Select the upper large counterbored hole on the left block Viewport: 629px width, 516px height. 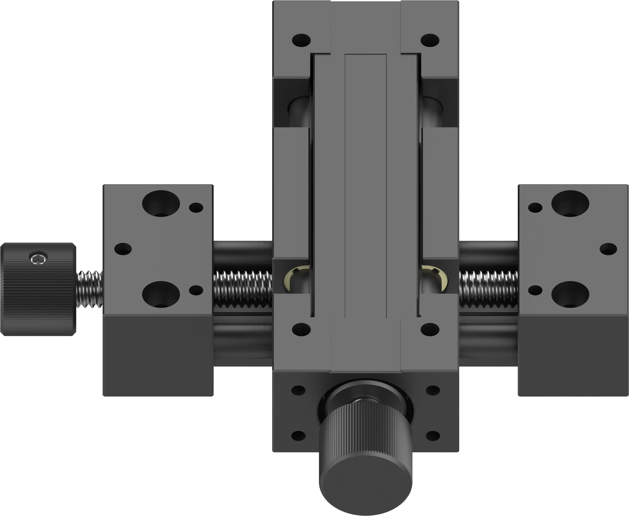[x=161, y=204]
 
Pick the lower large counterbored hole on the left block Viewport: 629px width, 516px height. [x=161, y=294]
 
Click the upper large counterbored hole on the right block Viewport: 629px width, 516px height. [x=570, y=204]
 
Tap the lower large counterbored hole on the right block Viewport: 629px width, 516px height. [x=570, y=294]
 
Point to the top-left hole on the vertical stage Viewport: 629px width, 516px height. [x=301, y=40]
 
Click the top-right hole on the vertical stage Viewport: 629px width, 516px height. [x=430, y=40]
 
